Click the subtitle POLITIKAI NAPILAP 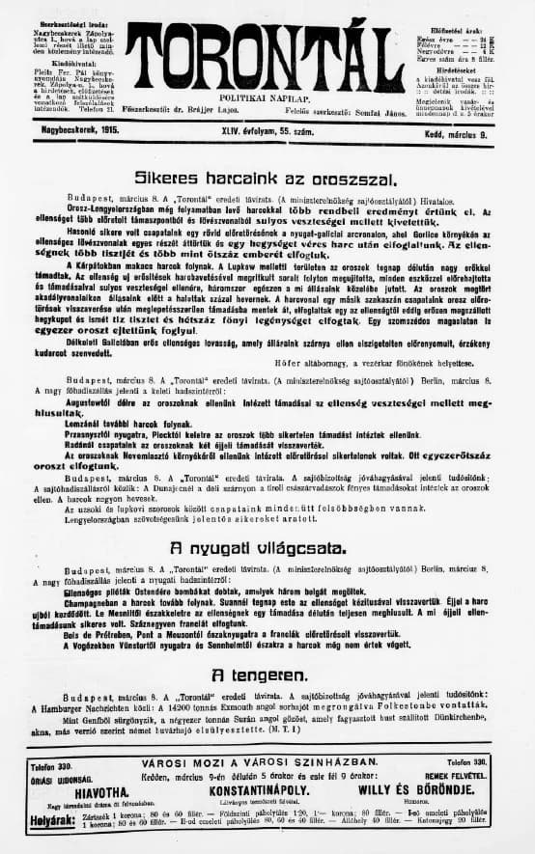click(267, 98)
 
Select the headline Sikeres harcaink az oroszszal click(266, 179)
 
